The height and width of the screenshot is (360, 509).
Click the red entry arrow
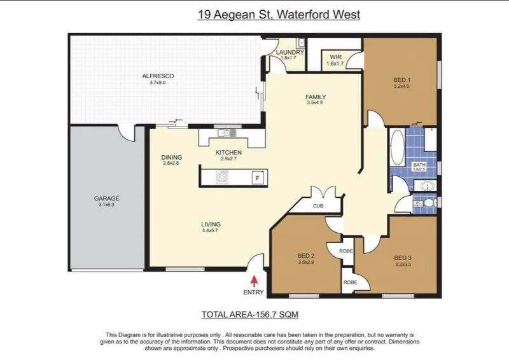coord(255,280)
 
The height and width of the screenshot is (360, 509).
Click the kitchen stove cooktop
coord(222,177)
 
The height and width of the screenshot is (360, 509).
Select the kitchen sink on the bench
coord(226,132)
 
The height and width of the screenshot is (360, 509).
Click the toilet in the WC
coord(430,203)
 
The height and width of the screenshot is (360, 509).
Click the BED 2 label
coord(306,256)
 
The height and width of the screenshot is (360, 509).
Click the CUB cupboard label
coord(318,206)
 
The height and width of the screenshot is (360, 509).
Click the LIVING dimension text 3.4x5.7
coord(211,230)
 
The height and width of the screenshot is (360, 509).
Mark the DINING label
coord(172,158)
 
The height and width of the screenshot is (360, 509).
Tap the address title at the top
coord(279,14)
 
